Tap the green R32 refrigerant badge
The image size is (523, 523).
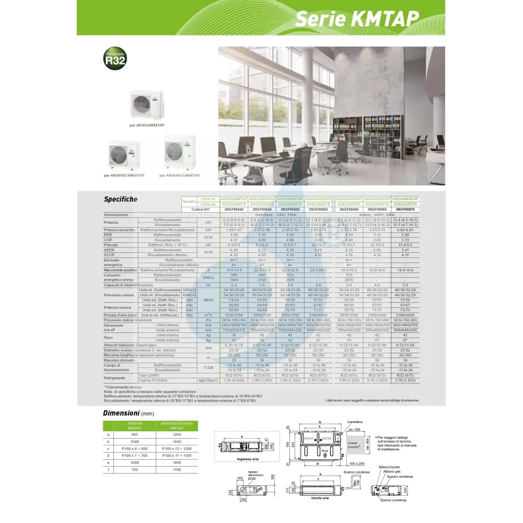114,58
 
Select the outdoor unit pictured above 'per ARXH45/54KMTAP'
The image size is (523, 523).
180,153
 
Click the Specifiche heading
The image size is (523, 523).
120,199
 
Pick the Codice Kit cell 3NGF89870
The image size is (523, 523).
405,209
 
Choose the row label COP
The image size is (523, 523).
108,239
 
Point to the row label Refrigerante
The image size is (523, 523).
114,378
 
